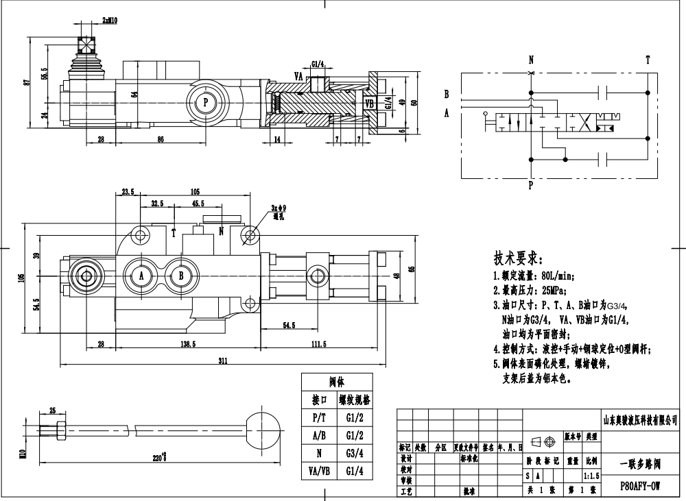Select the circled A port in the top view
pyautogui.click(x=142, y=276)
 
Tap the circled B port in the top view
pyautogui.click(x=180, y=276)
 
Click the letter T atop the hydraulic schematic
pyautogui.click(x=647, y=60)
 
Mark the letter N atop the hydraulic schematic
pyautogui.click(x=530, y=60)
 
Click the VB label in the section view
pyautogui.click(x=370, y=103)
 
